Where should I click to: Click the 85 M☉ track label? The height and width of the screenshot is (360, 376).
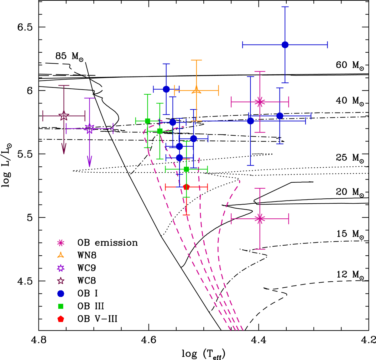tap(70, 57)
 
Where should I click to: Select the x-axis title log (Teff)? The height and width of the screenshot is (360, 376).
tap(204, 353)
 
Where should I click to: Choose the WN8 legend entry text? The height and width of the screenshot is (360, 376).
tap(87, 255)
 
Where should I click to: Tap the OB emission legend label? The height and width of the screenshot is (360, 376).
tap(107, 243)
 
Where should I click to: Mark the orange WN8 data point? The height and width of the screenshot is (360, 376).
tap(196, 90)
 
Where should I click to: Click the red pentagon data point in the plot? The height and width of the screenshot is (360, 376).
tap(186, 187)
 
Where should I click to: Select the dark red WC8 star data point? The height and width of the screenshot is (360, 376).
tap(64, 116)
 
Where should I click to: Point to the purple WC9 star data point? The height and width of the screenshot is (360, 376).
tap(90, 128)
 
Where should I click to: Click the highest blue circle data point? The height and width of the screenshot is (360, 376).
tap(285, 45)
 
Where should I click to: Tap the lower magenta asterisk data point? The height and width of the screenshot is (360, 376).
tap(260, 219)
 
